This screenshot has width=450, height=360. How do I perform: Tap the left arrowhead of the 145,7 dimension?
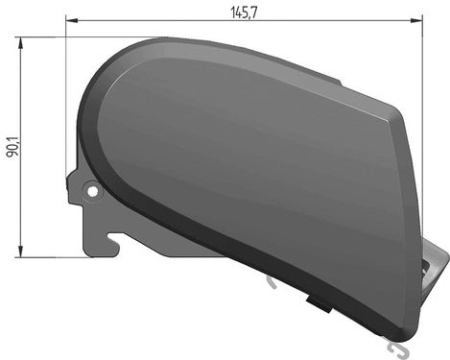(71, 17)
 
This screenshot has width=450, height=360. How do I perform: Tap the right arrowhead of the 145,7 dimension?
(418, 17)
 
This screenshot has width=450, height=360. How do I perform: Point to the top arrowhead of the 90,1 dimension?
(19, 40)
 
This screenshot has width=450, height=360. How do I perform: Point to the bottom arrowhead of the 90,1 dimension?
(19, 253)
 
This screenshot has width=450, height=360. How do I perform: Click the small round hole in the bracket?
(93, 191)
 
